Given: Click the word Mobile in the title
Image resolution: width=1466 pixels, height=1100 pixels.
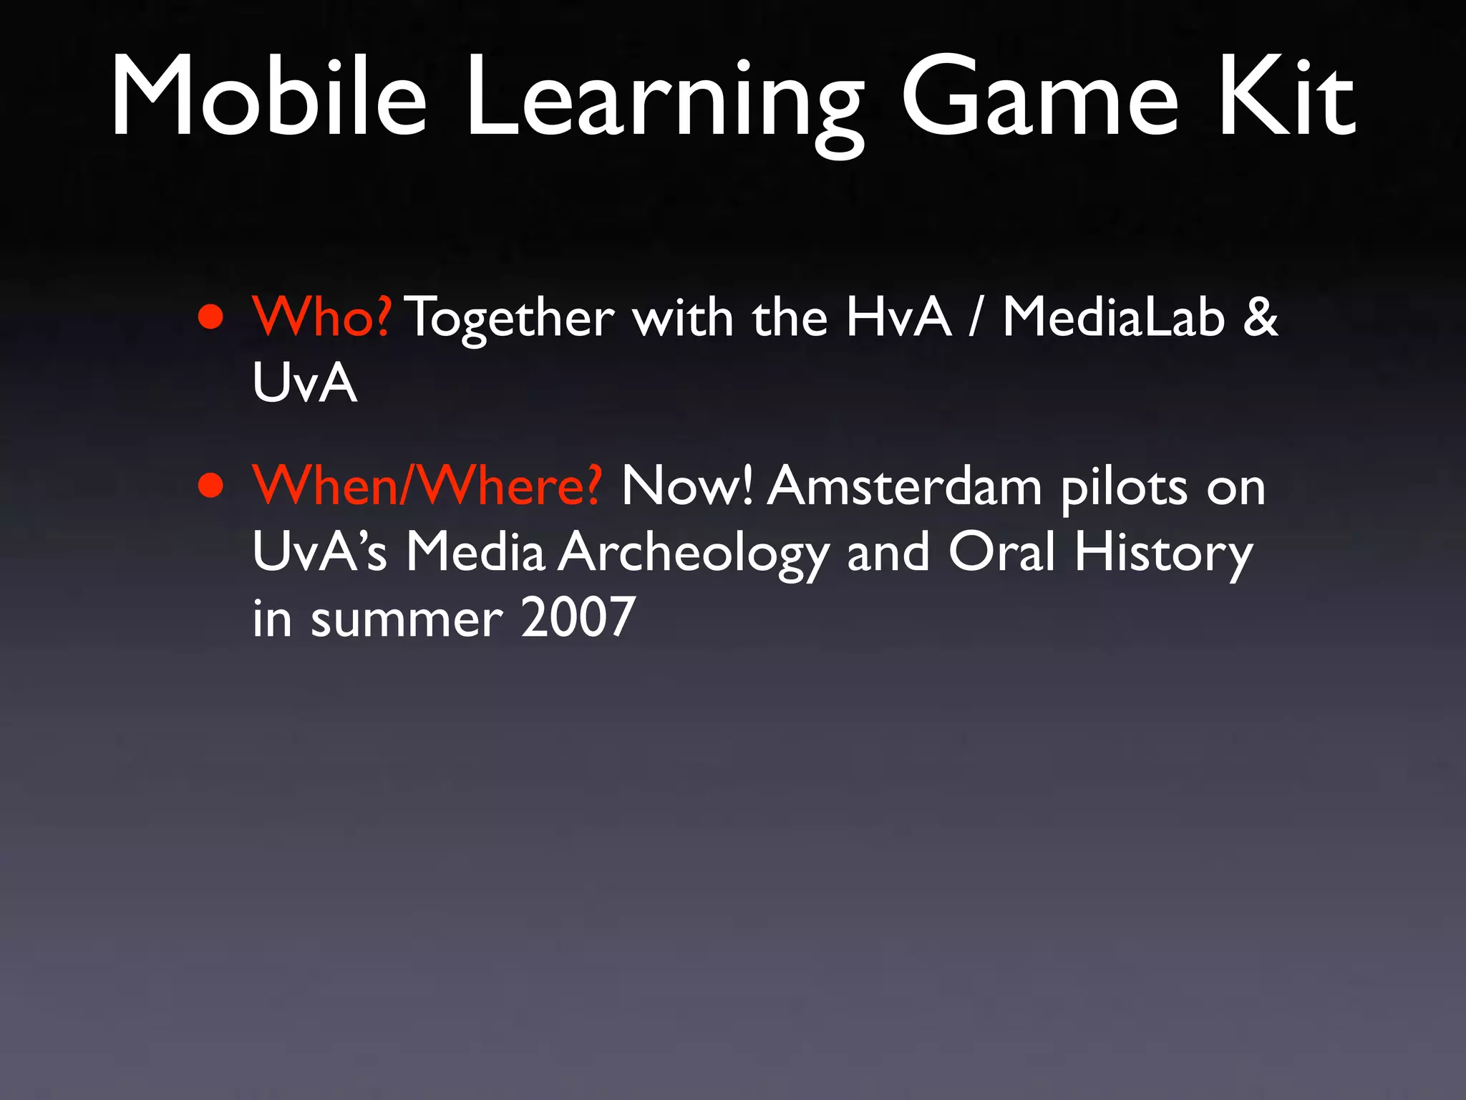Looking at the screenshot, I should point(269,97).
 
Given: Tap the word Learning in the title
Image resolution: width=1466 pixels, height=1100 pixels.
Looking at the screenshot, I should point(664,100).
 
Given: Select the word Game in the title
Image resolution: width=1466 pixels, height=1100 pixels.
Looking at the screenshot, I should point(1039,97).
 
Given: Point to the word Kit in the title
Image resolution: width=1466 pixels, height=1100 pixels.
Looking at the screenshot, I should point(1287,97).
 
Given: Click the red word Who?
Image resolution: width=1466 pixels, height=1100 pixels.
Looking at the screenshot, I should point(321,317).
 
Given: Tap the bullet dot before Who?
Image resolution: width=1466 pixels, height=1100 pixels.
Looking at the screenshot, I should point(211,317).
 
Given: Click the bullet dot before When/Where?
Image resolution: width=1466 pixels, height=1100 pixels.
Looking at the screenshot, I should point(211,486).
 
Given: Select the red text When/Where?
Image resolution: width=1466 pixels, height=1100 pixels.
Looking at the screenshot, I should point(427,486).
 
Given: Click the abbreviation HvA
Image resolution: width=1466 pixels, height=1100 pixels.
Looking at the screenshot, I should point(898,317).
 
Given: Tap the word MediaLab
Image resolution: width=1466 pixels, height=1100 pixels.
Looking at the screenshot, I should point(1113,317).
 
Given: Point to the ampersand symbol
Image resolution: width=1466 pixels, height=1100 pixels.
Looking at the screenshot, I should point(1260,317).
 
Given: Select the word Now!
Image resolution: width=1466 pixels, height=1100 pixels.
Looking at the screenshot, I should point(686,486).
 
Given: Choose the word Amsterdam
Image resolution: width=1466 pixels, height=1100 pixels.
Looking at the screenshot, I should point(905,486).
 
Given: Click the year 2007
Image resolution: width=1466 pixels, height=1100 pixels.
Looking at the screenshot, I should point(578,618).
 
